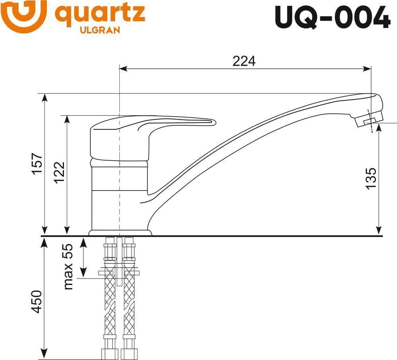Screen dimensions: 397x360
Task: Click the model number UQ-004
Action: pyautogui.click(x=332, y=17)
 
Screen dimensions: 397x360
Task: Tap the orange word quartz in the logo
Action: pyautogui.click(x=100, y=14)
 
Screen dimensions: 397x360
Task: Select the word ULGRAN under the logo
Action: pyautogui.click(x=100, y=30)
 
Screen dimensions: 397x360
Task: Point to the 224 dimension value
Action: pyautogui.click(x=244, y=61)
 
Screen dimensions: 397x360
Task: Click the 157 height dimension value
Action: pyautogui.click(x=37, y=163)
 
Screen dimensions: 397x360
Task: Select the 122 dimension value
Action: pyautogui.click(x=60, y=172)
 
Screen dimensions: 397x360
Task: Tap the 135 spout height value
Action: pyautogui.click(x=371, y=178)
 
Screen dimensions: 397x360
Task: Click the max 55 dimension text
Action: pyautogui.click(x=68, y=267)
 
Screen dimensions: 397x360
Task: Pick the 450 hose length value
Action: pyautogui.click(x=36, y=302)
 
